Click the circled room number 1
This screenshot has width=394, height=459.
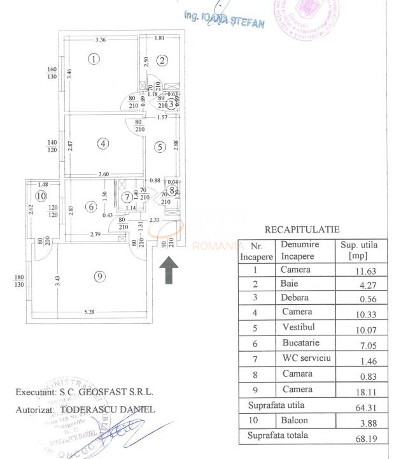(x=94, y=60)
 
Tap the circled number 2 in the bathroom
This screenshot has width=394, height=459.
(x=162, y=61)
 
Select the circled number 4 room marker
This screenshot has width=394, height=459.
(x=103, y=143)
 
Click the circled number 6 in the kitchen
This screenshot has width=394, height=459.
(x=92, y=206)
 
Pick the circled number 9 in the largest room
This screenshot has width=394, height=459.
(x=98, y=276)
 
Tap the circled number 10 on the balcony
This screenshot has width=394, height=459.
(x=42, y=196)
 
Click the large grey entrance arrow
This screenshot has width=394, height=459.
(x=168, y=269)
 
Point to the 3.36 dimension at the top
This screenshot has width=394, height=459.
(x=100, y=40)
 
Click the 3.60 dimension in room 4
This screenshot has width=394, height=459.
(x=105, y=174)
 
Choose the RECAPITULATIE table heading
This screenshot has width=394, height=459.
(x=302, y=229)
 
